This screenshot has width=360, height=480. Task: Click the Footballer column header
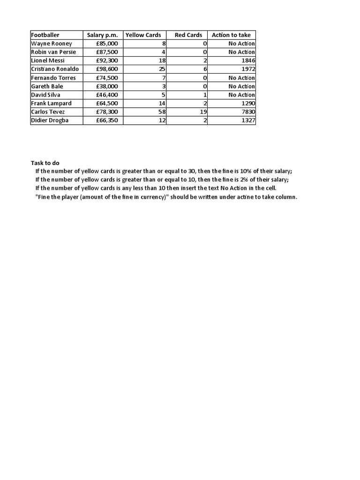point(45,35)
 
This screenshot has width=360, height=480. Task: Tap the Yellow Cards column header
point(143,35)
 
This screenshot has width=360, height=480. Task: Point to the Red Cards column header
point(188,35)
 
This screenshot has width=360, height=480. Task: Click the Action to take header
point(231,35)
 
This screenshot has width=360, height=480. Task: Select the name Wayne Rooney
point(52,44)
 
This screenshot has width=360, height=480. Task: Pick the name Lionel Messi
point(48,61)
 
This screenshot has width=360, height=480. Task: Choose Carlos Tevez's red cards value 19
point(204,112)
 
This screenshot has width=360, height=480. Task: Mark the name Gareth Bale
point(47,87)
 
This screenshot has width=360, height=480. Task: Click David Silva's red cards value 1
point(206,95)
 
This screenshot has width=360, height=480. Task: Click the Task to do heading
point(45,163)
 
